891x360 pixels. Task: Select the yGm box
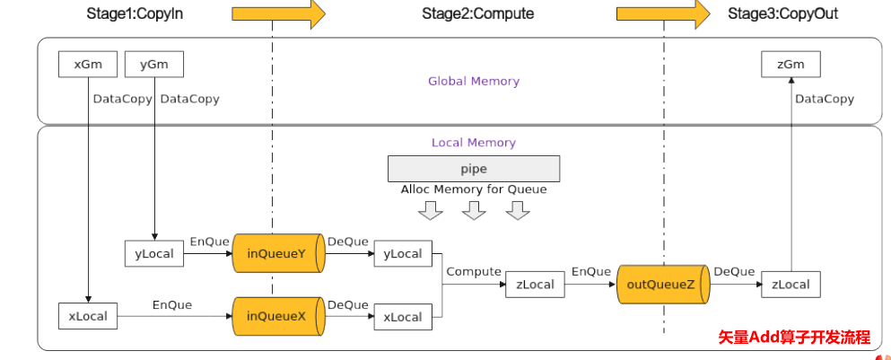(154, 64)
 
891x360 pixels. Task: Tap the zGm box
(791, 64)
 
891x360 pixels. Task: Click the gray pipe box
(473, 169)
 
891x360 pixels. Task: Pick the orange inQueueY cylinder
(276, 254)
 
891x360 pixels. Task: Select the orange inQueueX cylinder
(276, 316)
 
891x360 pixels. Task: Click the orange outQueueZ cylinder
(662, 285)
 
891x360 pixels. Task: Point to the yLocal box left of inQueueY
(154, 254)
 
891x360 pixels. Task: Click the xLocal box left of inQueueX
(88, 316)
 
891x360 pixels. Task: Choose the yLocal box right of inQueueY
(403, 254)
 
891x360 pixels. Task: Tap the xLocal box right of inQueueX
(403, 317)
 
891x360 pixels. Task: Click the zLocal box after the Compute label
(535, 285)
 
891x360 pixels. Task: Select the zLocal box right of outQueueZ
(791, 285)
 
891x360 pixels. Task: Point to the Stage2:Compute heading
(477, 14)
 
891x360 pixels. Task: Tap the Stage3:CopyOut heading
(777, 14)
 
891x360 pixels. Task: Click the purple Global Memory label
(473, 81)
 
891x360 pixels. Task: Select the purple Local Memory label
(473, 142)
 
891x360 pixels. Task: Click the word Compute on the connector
(473, 271)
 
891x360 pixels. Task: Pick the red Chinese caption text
(794, 338)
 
